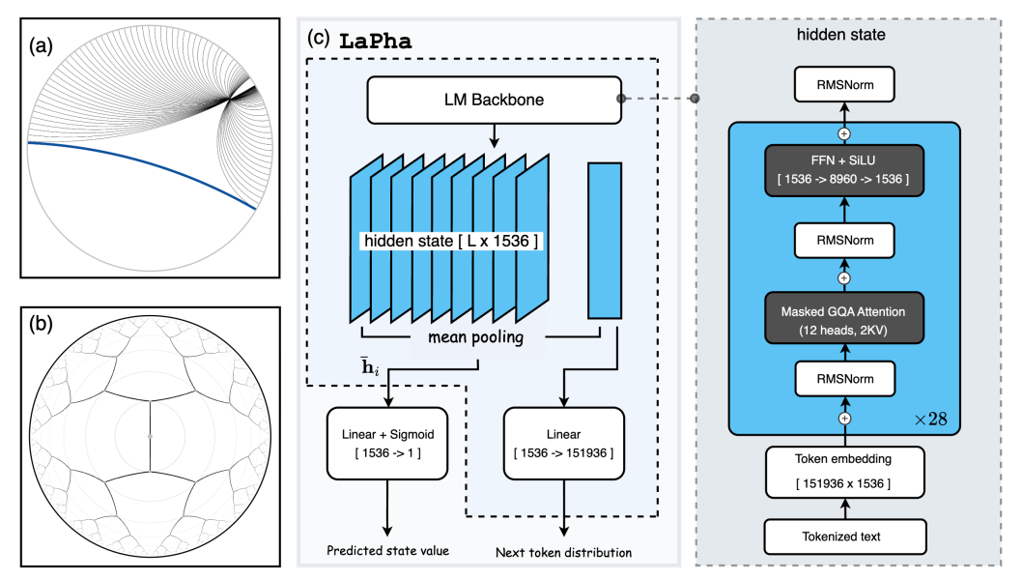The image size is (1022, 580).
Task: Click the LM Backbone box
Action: [492, 99]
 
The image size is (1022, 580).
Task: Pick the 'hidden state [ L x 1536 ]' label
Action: [450, 240]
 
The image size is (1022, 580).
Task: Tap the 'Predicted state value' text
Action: [388, 551]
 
